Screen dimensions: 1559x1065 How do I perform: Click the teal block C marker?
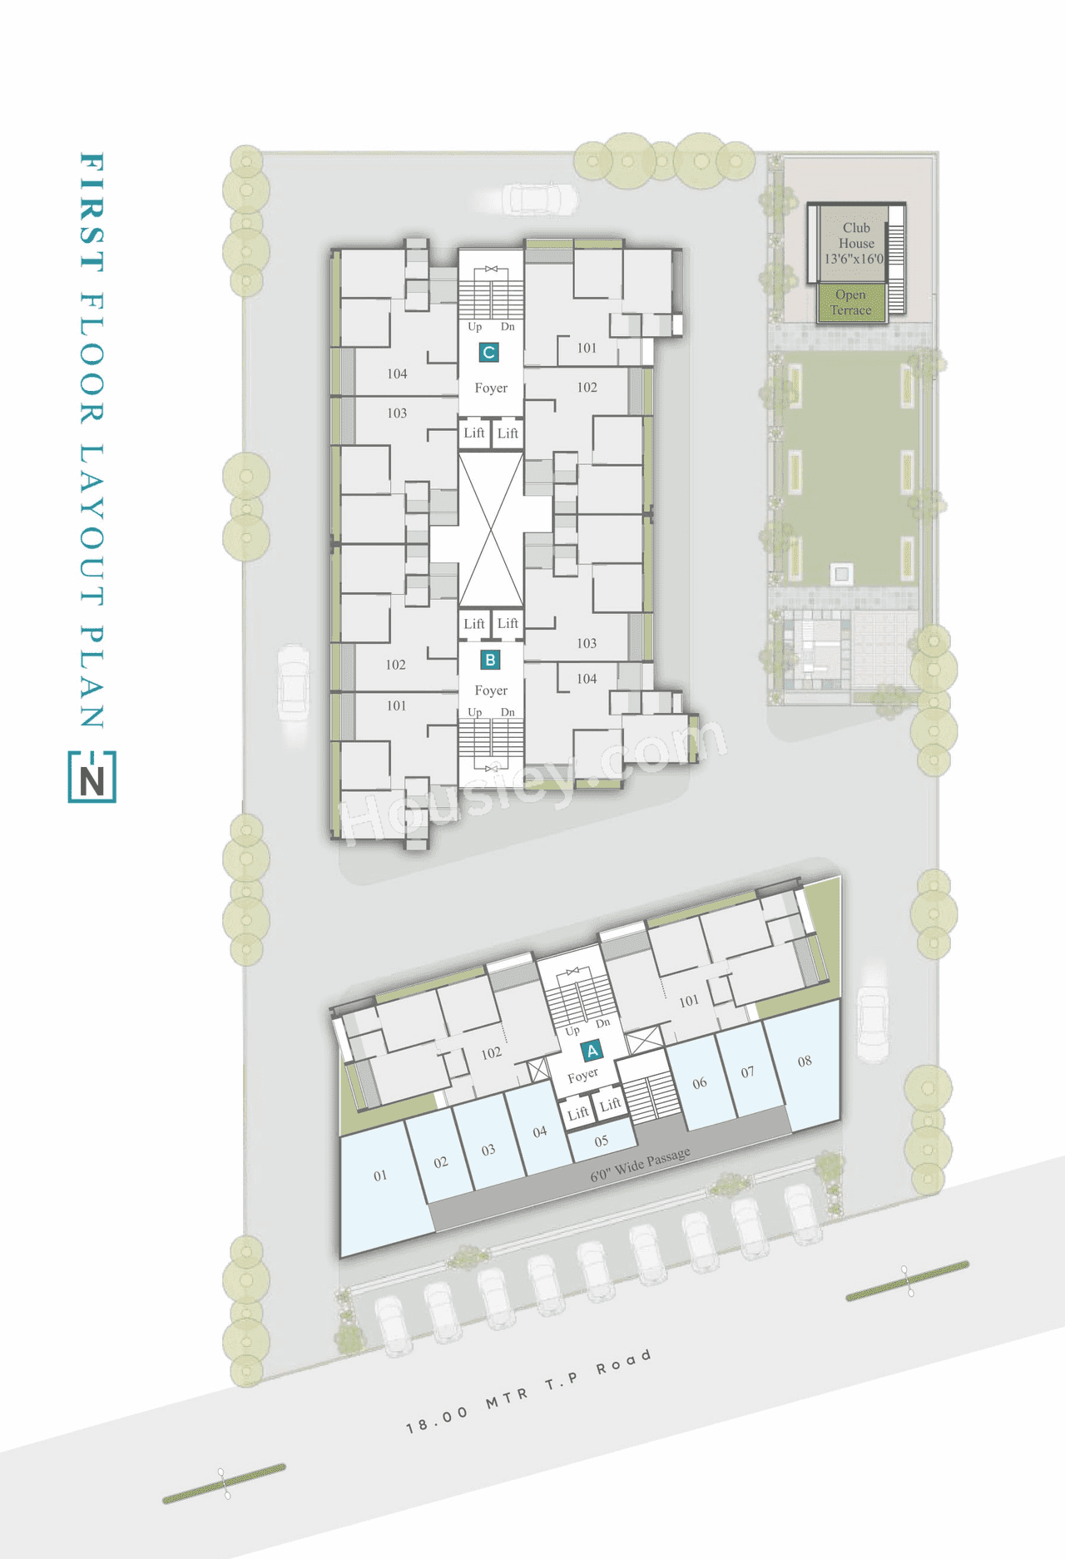488,353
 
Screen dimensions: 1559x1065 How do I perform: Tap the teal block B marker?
490,661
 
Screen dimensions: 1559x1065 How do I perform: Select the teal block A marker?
592,1051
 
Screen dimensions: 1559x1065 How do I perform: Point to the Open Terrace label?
850,303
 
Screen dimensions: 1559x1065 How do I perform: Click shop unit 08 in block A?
805,1062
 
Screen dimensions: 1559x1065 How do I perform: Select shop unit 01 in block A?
380,1176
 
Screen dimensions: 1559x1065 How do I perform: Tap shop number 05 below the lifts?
602,1141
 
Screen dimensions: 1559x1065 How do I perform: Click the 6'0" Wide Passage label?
640,1164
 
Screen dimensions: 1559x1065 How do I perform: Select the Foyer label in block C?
491,389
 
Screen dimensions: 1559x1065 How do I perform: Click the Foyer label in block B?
491,690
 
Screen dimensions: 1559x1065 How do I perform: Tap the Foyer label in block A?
582,1076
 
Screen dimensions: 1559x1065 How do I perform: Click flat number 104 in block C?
397,374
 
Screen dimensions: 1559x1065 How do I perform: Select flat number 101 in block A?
689,1002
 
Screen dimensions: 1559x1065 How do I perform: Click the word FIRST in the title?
92,212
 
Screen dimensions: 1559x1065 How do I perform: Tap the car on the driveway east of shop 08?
872,1023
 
